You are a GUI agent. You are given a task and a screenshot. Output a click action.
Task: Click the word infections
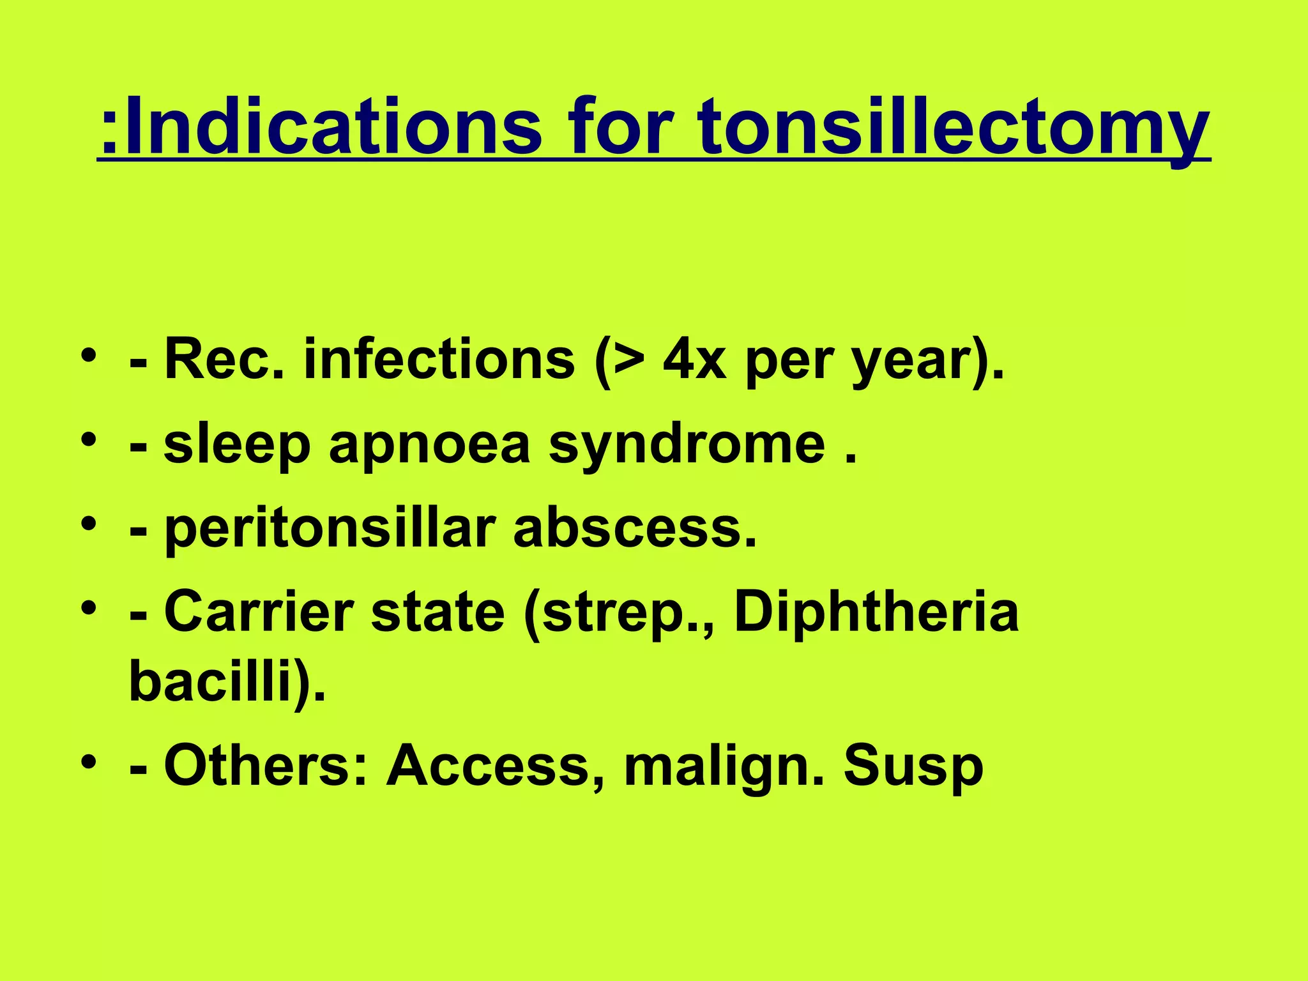(x=439, y=360)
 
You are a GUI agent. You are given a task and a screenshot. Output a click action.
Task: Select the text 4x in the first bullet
(x=694, y=360)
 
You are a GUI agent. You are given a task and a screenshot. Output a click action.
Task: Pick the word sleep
(x=237, y=446)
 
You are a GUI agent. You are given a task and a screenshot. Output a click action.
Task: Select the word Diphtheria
(x=876, y=613)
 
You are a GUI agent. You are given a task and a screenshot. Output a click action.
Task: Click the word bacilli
(x=211, y=681)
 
